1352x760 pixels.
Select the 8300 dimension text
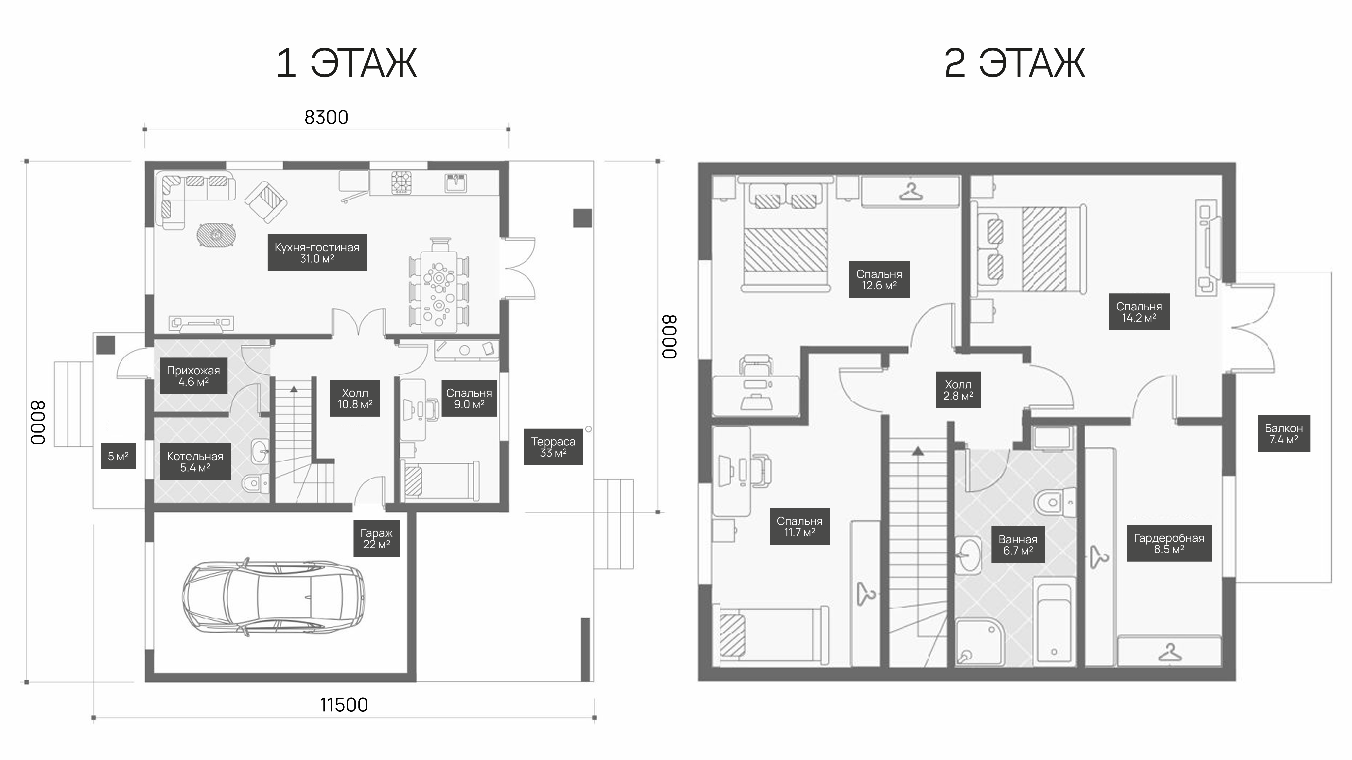click(x=326, y=118)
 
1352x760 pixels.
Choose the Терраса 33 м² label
click(x=553, y=447)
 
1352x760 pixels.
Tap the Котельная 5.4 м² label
click(x=195, y=462)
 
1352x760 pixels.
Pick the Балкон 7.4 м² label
click(x=1284, y=433)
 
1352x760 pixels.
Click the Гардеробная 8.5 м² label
click(x=1169, y=543)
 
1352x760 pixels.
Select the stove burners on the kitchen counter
click(x=402, y=182)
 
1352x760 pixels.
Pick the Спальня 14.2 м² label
click(x=1139, y=312)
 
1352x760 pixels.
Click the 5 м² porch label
click(x=118, y=456)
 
